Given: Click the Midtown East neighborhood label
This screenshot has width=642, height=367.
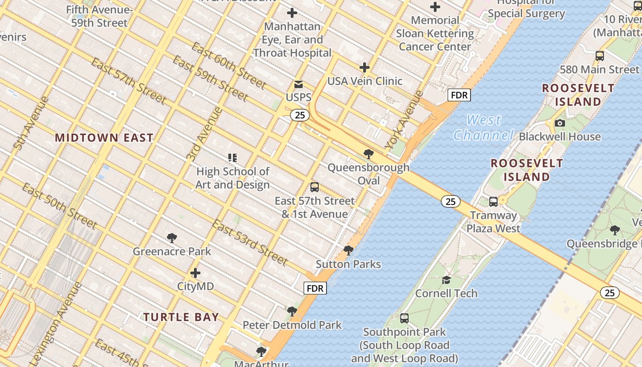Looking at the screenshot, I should coord(104,138).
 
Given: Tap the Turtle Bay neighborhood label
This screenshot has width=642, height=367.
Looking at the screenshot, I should coord(181,317).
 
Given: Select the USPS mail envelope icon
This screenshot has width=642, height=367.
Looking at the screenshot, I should coord(299,84).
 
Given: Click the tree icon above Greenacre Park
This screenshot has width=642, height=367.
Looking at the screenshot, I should coord(172,238).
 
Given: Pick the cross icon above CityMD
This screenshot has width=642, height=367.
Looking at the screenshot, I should coord(195,273).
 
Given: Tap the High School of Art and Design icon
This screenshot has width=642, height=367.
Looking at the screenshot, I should coord(232,158).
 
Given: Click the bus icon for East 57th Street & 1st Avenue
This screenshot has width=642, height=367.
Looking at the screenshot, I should coord(315,187).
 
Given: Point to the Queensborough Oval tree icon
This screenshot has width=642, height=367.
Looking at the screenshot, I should coord(368,154).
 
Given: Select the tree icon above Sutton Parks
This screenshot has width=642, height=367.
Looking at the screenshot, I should coord(349,250).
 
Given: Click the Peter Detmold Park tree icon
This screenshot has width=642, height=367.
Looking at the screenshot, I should coord(292,311).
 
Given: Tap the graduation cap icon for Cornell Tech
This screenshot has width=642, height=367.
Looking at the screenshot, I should coord(446,280).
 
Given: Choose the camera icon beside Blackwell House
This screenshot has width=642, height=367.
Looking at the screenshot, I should coord(559,123).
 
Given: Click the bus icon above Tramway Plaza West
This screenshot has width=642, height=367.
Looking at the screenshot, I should coord(493,201).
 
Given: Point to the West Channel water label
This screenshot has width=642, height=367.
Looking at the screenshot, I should coord(483,128).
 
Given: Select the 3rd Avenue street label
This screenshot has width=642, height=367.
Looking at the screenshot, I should coord(205,133).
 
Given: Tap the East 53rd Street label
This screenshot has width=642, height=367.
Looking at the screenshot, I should coord(249,243).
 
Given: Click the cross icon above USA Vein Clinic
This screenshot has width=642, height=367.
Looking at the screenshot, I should coord(365,68).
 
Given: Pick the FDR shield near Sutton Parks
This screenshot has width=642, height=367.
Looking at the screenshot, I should coord(315,288).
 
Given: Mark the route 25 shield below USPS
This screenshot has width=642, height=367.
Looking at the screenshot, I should coord(299,115).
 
